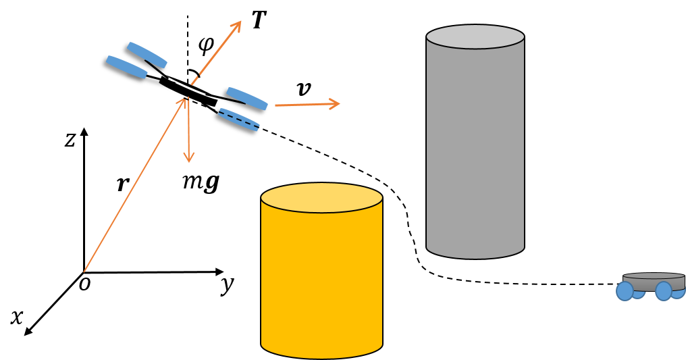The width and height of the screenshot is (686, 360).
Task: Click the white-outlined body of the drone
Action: tap(188, 90)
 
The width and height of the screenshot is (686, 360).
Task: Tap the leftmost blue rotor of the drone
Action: tap(126, 67)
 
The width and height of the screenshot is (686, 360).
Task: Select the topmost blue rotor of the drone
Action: tap(147, 55)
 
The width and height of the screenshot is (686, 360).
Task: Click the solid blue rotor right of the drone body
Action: tap(247, 99)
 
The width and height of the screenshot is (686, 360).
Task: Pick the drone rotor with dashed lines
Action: tap(239, 120)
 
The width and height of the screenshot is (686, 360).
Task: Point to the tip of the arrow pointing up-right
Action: tap(240, 22)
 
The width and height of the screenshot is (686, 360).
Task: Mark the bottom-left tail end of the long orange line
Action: tap(84, 272)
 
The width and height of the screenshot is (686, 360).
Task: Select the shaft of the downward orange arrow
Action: tap(188, 132)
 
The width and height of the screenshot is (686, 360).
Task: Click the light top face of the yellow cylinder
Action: tap(321, 197)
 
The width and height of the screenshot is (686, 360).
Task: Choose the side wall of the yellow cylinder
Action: tap(321, 277)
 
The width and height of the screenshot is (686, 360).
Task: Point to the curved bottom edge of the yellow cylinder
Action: tap(321, 357)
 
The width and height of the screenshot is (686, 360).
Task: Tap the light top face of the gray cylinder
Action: tap(475, 36)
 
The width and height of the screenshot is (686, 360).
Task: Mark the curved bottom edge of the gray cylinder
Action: tap(475, 257)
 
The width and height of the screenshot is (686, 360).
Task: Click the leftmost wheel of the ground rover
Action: tap(625, 291)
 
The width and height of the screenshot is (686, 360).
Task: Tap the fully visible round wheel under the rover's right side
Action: tap(664, 291)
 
